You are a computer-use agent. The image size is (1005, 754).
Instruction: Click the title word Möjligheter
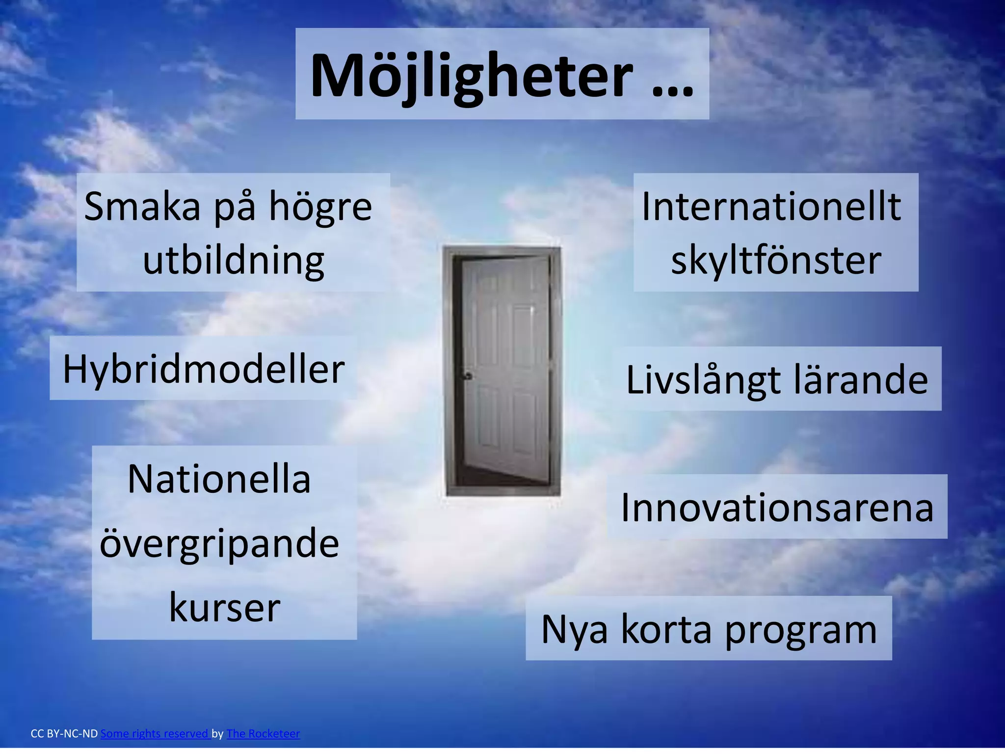tap(471, 76)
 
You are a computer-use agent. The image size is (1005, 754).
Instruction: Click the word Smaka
tap(142, 206)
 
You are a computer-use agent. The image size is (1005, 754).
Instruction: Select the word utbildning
tap(234, 260)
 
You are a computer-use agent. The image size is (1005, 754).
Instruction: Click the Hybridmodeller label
tap(204, 369)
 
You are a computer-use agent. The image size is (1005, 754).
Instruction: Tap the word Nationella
tap(219, 479)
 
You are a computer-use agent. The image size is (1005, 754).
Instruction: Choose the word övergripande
tap(219, 544)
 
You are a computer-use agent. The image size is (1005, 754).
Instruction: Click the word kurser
tap(224, 608)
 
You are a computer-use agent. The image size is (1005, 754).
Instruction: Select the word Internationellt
tap(771, 206)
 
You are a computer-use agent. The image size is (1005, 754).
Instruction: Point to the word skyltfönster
tap(776, 260)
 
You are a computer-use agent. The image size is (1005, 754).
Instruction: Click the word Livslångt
tap(703, 380)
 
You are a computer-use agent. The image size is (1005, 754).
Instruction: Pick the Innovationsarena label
tap(777, 508)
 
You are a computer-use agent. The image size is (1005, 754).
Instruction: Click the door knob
tap(468, 377)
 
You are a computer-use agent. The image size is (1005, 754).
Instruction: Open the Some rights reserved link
tap(155, 734)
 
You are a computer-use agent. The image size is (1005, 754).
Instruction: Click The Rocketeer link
tap(263, 734)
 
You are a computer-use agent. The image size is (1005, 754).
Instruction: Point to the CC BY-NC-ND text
tap(64, 734)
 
